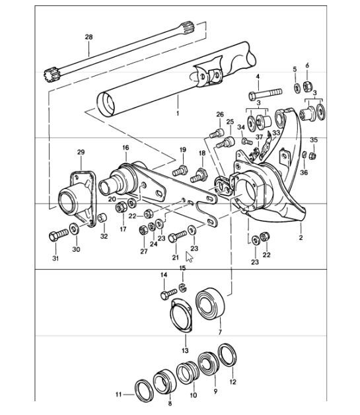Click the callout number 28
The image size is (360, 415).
coord(89,37)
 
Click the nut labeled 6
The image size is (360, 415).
coord(308,85)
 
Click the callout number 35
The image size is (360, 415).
coord(314,140)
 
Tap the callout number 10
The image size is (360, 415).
coord(194,395)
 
